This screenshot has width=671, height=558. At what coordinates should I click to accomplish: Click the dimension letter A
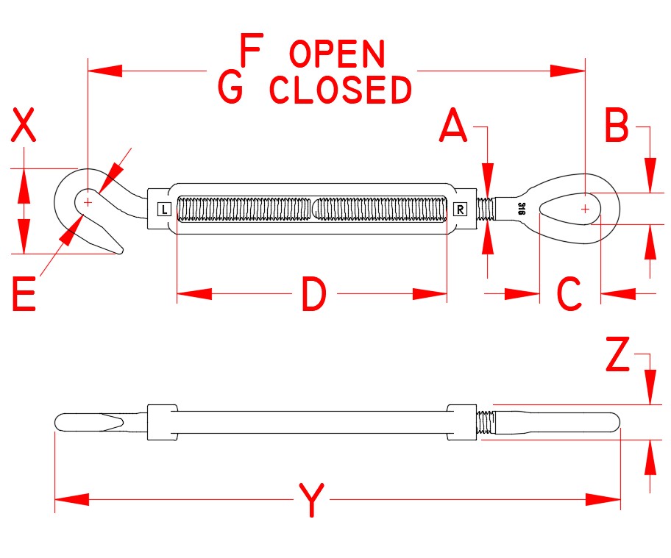pyautogui.click(x=454, y=126)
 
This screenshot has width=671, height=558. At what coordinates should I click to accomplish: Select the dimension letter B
pyautogui.click(x=616, y=126)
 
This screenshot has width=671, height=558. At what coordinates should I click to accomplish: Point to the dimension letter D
pyautogui.click(x=313, y=295)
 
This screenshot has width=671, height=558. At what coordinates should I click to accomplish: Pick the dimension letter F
pyautogui.click(x=252, y=53)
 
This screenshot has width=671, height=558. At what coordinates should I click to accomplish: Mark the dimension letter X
pyautogui.click(x=24, y=126)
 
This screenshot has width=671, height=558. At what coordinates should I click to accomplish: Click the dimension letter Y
pyautogui.click(x=313, y=501)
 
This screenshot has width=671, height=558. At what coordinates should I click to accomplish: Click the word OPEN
pyautogui.click(x=338, y=54)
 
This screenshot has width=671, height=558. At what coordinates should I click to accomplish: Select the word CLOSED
pyautogui.click(x=340, y=90)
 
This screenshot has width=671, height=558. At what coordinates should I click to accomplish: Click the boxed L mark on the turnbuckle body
pyautogui.click(x=164, y=210)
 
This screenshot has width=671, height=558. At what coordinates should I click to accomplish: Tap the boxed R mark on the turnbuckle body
pyautogui.click(x=460, y=210)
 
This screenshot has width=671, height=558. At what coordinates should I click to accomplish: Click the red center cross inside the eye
pyautogui.click(x=585, y=209)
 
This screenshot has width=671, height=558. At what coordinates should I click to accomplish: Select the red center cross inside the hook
pyautogui.click(x=88, y=200)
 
